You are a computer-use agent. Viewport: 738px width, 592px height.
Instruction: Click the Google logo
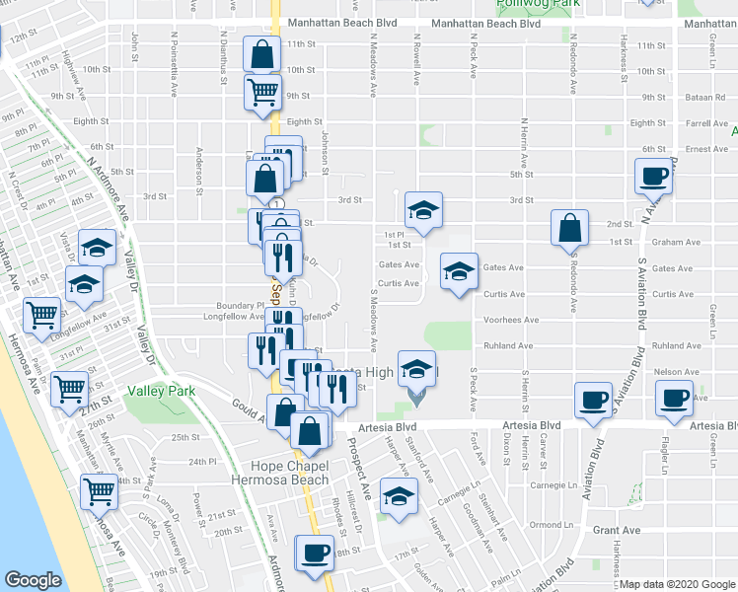pos(34,580)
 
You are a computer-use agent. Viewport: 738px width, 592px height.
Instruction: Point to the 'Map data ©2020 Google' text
pos(676,584)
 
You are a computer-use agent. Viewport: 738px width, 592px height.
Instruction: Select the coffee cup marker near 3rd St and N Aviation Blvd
pos(655,179)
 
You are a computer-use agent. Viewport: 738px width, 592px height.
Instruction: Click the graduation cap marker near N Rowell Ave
pos(423,210)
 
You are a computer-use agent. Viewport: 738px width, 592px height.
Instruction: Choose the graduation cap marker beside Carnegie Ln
pos(398,497)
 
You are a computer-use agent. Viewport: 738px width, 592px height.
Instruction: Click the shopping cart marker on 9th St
pos(263,93)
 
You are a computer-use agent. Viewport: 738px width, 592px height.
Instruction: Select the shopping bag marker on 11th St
pos(262,55)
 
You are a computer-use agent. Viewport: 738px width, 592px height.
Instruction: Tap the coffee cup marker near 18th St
pos(315,553)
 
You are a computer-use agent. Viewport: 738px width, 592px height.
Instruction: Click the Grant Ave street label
pos(619,530)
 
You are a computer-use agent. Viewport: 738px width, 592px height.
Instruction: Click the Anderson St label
pos(200,166)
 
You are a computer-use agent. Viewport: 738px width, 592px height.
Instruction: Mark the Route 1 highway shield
pos(280,203)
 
